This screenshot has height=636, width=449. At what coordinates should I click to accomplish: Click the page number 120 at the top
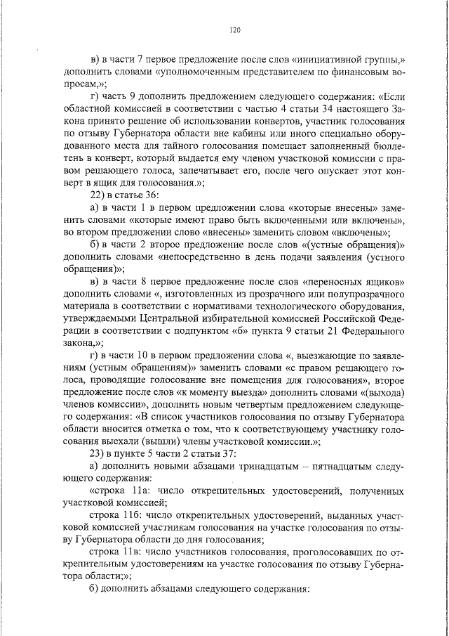point(235,29)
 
